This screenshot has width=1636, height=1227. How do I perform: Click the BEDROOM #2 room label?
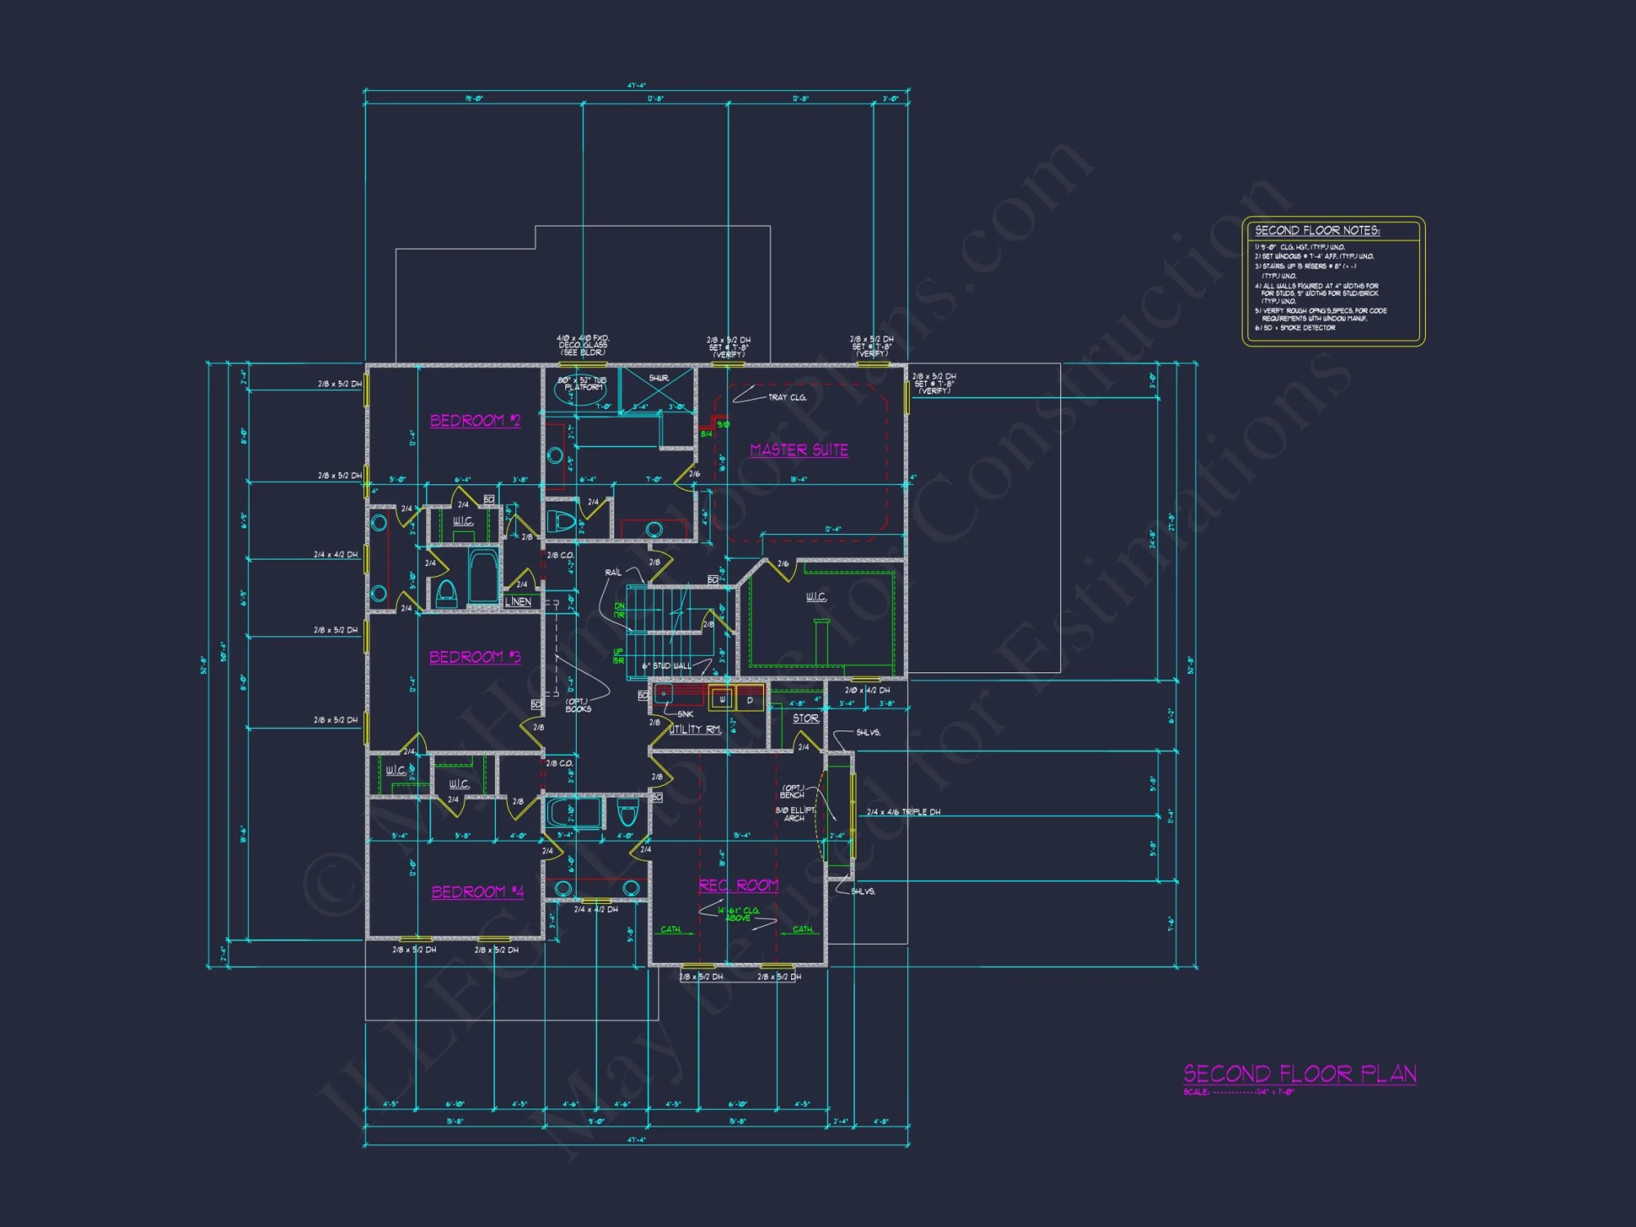[475, 420]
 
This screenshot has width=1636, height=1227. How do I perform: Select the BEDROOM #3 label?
[474, 657]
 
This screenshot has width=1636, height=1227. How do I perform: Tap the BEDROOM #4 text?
[477, 892]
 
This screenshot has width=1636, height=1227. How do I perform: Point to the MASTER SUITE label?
[798, 450]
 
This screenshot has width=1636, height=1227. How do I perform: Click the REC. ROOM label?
[738, 885]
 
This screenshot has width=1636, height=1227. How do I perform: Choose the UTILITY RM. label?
[695, 729]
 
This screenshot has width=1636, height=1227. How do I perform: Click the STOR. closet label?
[806, 718]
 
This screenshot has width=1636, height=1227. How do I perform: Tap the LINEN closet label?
[518, 601]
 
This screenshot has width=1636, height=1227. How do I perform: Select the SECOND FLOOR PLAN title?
[1300, 1073]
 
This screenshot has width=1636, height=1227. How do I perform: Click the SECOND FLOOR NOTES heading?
[1317, 231]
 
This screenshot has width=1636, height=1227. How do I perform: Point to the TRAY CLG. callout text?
[787, 398]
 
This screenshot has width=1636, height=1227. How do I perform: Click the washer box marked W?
[721, 699]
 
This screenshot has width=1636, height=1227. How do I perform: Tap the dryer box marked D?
[750, 700]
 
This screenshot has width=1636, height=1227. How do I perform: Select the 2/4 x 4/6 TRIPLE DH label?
[903, 812]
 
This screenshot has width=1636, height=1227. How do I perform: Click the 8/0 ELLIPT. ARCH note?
[795, 814]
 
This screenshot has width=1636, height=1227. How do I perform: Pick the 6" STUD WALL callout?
[666, 666]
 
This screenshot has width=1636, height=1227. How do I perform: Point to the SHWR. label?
[658, 379]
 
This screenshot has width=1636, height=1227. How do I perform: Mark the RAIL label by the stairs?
[613, 573]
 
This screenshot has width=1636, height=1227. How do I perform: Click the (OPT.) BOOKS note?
[578, 705]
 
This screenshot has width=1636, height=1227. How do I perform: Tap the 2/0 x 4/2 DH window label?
[867, 690]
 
